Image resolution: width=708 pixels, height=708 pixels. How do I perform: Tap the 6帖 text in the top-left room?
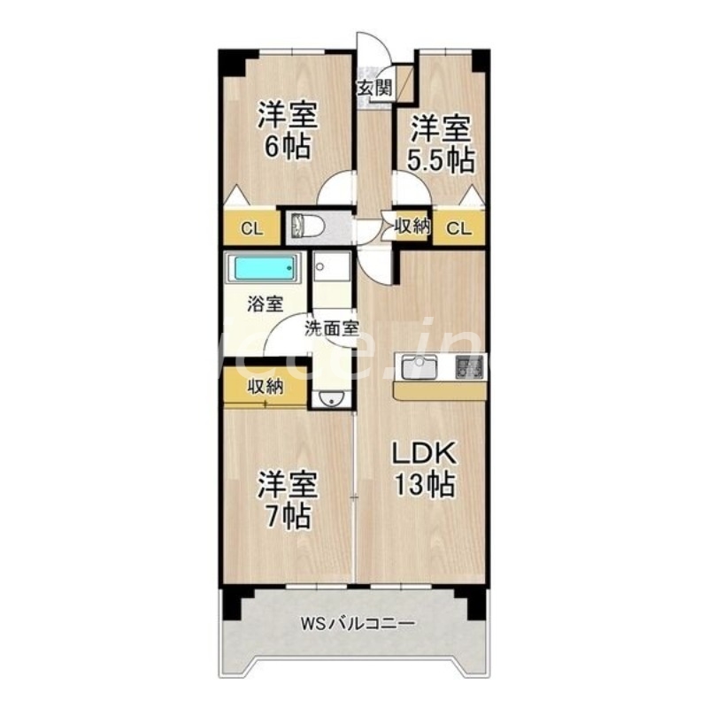[x=288, y=146]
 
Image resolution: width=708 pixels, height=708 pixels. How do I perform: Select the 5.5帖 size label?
[x=441, y=159]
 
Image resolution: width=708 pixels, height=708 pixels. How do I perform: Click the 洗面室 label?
[x=332, y=328]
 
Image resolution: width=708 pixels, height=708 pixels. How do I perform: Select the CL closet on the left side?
[x=252, y=228]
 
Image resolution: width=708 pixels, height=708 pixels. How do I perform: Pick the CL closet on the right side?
[x=458, y=228]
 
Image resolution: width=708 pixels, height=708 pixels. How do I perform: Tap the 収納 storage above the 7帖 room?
[x=265, y=386]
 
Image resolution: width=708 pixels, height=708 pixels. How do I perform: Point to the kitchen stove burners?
[x=470, y=366]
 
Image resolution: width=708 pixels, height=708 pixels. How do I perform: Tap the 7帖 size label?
[x=285, y=515]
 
